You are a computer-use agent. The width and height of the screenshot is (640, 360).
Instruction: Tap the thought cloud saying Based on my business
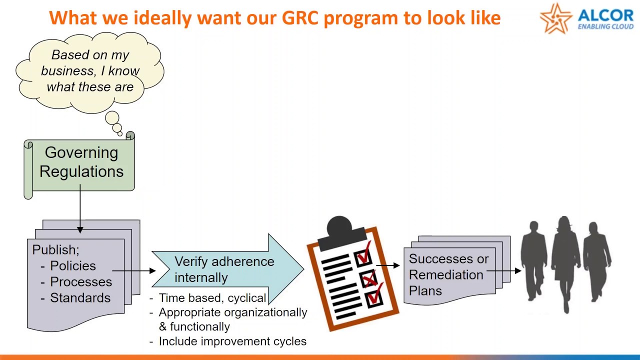point(90,70)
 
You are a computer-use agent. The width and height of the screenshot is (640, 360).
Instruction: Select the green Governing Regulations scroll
point(80,162)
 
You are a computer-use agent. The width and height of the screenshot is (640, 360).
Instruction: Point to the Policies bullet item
point(72,266)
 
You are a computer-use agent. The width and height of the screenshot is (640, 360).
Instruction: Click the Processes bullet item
point(80,282)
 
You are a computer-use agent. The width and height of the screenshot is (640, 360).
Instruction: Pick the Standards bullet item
point(80,298)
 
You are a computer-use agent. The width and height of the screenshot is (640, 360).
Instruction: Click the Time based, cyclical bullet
point(212,298)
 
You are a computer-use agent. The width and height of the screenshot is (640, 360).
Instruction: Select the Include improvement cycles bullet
point(232,341)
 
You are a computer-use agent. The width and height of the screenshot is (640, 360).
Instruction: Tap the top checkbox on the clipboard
point(363,256)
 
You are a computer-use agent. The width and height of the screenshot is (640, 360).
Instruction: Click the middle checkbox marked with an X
point(369,278)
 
